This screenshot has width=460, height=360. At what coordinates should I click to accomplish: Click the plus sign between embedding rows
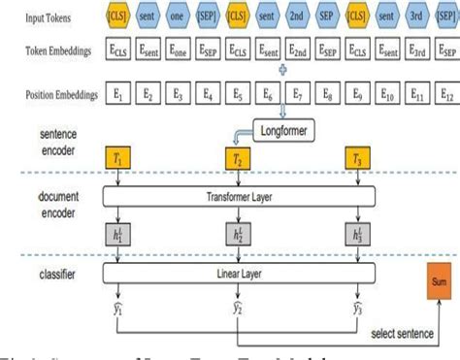click(x=282, y=70)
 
